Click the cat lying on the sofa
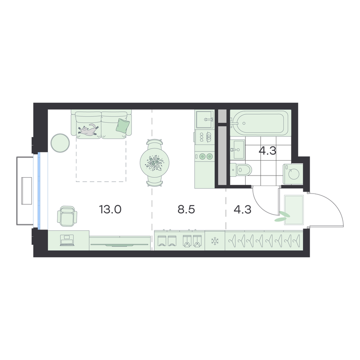pos(88,130)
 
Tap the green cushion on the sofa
pos(121,126)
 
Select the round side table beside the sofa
pos(60,143)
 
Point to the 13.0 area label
pos(110,209)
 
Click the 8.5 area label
pos(186,209)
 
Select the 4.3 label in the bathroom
pos(267,151)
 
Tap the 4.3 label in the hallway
pos(243,209)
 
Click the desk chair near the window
pos(67,216)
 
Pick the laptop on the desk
pos(67,240)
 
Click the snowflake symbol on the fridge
pos(215,241)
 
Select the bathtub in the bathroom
pos(259,123)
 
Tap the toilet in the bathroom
pos(241,170)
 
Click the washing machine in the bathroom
pos(293,174)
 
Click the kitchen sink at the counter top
pos(205,119)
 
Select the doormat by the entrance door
pos(294,210)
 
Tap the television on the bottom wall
pos(119,245)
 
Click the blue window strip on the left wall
pos(39,190)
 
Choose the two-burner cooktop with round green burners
pos(206,157)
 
